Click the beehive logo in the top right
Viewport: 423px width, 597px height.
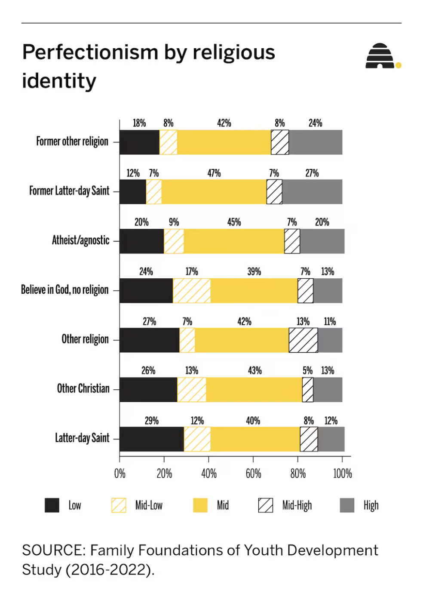tap(381, 56)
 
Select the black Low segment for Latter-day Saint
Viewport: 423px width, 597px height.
tap(152, 439)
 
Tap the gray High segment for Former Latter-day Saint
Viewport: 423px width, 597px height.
tap(312, 192)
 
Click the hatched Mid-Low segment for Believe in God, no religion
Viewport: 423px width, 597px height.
tap(192, 291)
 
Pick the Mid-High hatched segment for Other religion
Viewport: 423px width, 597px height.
tap(303, 340)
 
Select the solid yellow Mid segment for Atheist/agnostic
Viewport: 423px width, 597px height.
tap(234, 241)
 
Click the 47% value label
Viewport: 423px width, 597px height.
tap(214, 173)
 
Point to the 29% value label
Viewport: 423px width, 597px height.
tap(151, 420)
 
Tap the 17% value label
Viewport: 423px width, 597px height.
tap(192, 271)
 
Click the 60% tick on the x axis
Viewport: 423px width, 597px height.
tap(253, 474)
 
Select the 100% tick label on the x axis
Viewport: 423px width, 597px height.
tap(342, 474)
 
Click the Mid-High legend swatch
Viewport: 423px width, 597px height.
tap(266, 505)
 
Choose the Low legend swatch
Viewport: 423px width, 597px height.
tap(52, 505)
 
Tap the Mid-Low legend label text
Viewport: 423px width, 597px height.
tap(149, 505)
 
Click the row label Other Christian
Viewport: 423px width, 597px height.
tap(83, 388)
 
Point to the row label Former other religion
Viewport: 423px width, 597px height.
tap(72, 141)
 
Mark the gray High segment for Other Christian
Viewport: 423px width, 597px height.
tap(328, 390)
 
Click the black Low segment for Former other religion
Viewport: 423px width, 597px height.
tap(139, 142)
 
